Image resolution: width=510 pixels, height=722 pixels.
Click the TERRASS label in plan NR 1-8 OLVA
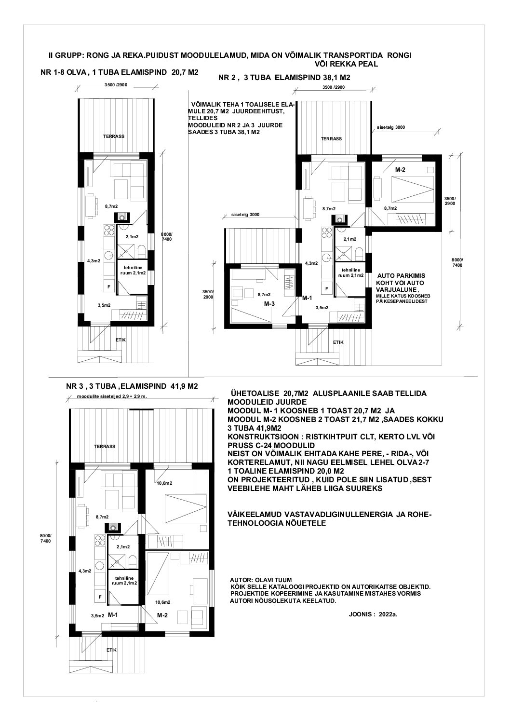[114, 136]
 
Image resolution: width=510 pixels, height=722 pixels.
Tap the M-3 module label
[269, 304]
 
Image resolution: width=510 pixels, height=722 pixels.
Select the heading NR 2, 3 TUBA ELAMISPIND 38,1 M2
[284, 78]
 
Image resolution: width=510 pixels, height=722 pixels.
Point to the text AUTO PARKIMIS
[401, 276]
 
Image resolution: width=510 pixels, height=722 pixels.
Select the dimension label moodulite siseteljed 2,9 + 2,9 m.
[112, 396]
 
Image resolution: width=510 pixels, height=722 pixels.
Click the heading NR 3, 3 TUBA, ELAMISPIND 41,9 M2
[132, 386]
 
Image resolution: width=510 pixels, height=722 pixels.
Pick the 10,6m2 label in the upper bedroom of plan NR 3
[164, 483]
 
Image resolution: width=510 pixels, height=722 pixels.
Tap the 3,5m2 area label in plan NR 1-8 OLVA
[105, 305]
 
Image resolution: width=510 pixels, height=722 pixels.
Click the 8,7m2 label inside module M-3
[264, 294]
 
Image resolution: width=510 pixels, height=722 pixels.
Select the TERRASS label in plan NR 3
[105, 447]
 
